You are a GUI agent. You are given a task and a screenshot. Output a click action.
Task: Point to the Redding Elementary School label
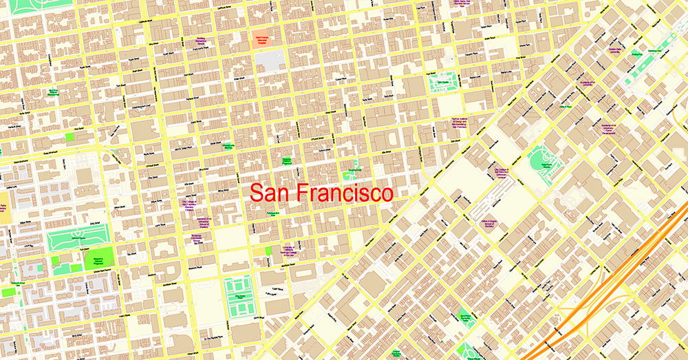(x=201, y=42)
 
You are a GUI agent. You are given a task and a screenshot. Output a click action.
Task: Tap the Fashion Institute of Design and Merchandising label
(x=450, y=123)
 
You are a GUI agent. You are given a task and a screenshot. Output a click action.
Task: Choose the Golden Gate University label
(x=614, y=50)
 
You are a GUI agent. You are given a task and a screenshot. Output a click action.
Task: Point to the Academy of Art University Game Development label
(x=608, y=127)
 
